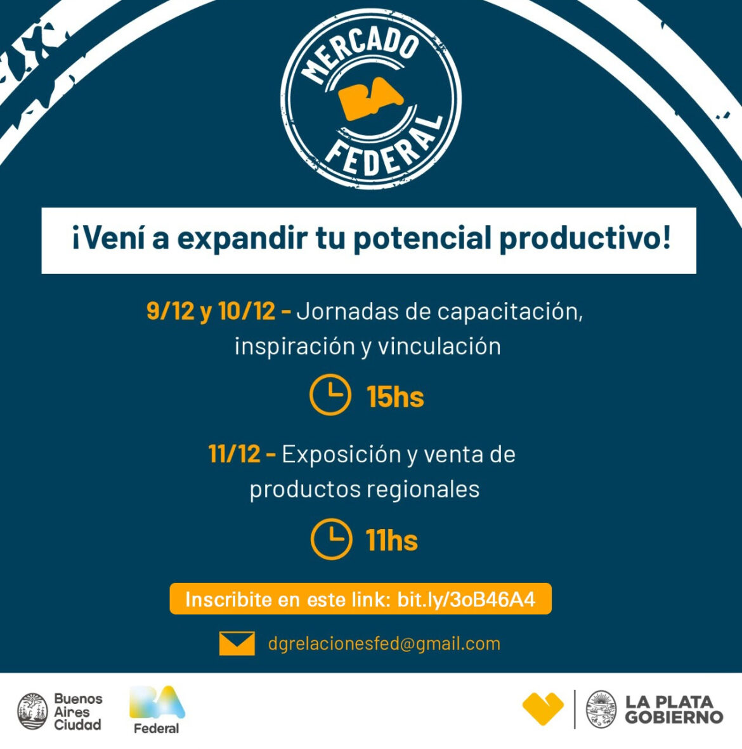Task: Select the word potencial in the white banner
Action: pos(422,239)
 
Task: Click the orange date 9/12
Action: pos(170,311)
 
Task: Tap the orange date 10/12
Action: pos(246,311)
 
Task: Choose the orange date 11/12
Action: pos(234,454)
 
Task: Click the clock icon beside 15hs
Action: pos(330,395)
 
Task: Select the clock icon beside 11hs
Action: pos(331,539)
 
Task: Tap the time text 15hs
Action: pos(395,397)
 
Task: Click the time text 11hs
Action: pos(391,540)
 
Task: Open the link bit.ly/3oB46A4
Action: pos(466,599)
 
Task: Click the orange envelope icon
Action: pos(237,643)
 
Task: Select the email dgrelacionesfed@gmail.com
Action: pos(384,644)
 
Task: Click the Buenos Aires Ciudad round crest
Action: pos(32,710)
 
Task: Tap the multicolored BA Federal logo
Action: pos(157,709)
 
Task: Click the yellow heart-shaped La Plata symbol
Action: pos(543,708)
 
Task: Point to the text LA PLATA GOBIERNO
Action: pos(674,710)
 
